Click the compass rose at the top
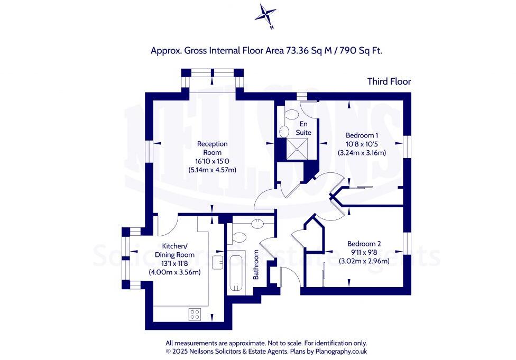(x=265, y=15)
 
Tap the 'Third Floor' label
(x=389, y=81)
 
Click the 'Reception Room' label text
(x=212, y=148)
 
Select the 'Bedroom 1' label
(x=362, y=135)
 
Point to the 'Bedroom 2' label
(x=364, y=243)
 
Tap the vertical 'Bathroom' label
(x=255, y=264)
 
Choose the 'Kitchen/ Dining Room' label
(x=174, y=251)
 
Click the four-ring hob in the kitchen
(x=195, y=314)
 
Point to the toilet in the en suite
(x=291, y=114)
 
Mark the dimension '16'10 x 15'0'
(x=212, y=161)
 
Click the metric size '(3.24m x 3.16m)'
(x=362, y=153)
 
